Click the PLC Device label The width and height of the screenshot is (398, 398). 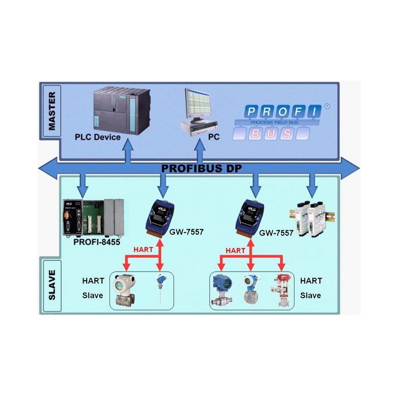point(98,136)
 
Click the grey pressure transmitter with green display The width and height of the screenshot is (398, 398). point(122,290)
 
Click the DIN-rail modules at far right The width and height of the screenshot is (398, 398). point(310,214)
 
